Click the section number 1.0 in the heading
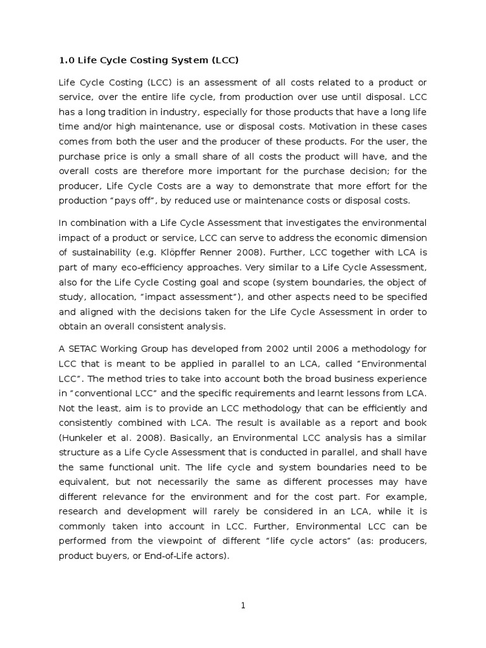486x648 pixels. pos(66,60)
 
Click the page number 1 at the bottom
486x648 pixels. pos(242,606)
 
